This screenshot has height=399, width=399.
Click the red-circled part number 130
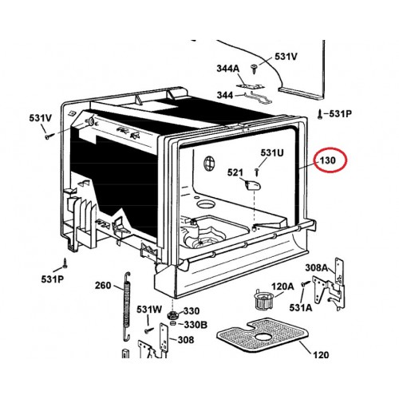tap(328, 160)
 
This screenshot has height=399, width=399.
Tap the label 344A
tap(228, 69)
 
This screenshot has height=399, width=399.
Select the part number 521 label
tap(235, 172)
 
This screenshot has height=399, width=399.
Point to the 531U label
tap(272, 152)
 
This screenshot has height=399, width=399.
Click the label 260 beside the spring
tap(103, 286)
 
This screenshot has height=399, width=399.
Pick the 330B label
tap(196, 325)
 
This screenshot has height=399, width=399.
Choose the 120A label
tap(282, 286)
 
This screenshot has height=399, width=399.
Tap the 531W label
tap(149, 310)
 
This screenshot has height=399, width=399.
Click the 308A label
tap(317, 267)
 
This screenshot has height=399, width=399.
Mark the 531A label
tap(301, 307)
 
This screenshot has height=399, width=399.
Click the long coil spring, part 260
tap(127, 306)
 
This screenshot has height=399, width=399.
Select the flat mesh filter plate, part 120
tap(263, 334)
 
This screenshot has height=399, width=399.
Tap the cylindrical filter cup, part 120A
tap(264, 299)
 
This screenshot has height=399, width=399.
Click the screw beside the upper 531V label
tap(255, 69)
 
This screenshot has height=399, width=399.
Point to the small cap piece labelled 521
tap(252, 184)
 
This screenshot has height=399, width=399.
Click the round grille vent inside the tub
tap(209, 163)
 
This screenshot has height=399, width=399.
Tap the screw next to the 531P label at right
tap(320, 115)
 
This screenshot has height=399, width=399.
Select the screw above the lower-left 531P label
tap(65, 263)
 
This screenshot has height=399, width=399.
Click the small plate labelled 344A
tap(250, 85)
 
